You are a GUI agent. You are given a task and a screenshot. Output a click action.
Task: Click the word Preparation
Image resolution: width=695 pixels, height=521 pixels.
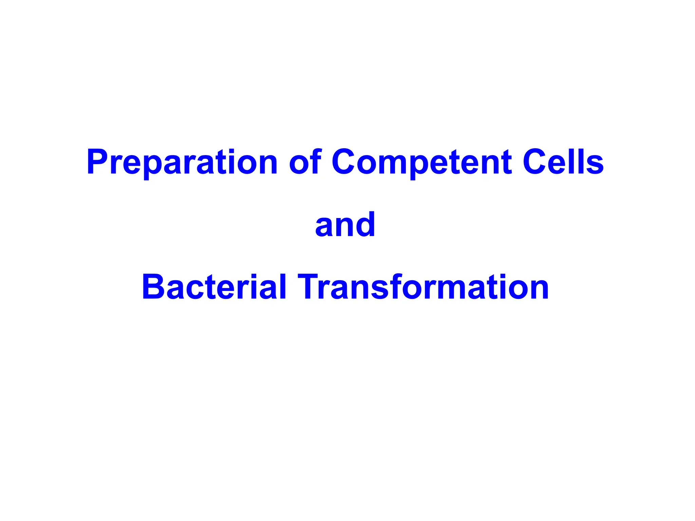click(182, 162)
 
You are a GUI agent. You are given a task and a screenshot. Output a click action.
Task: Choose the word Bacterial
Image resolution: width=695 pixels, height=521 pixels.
click(214, 287)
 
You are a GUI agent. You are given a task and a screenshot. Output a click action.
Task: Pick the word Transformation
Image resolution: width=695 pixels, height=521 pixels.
click(423, 287)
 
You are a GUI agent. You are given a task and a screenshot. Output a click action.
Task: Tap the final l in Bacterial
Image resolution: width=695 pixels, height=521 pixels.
click(282, 287)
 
